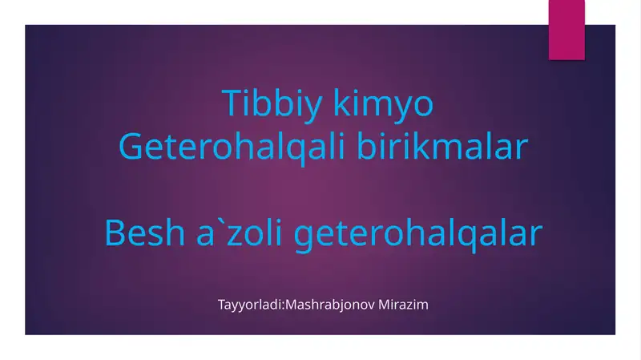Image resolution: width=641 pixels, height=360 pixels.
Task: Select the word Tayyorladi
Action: [x=249, y=305]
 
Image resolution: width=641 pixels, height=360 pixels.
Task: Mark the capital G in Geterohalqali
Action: [x=131, y=148]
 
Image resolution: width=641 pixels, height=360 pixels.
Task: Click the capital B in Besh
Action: [x=115, y=234]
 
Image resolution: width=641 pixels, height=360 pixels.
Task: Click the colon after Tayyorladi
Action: [x=283, y=306]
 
